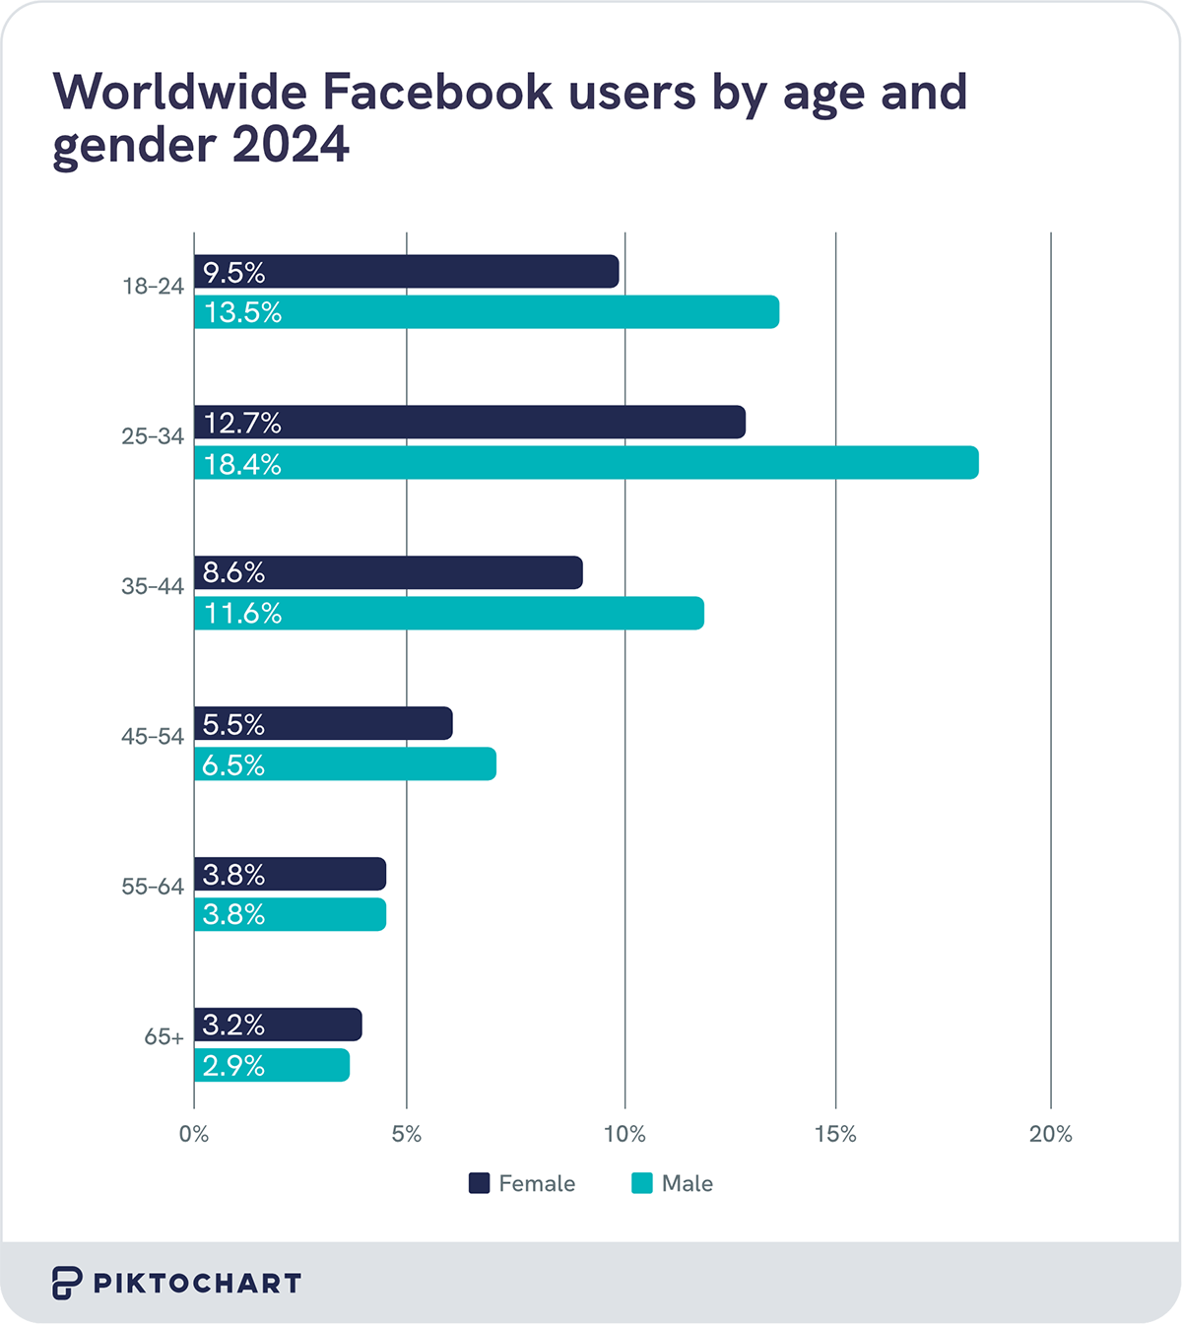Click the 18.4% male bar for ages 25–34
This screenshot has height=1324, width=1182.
(x=586, y=463)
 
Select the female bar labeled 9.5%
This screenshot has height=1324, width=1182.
(x=406, y=272)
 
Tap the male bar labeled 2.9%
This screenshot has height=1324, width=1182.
(x=272, y=1065)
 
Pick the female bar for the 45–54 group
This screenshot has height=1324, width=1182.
(x=323, y=723)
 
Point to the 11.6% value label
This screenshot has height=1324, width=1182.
(x=242, y=614)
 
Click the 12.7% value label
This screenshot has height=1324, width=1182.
(x=242, y=423)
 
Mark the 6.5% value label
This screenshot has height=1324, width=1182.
(x=233, y=764)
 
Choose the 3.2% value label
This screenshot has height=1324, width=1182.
(x=233, y=1025)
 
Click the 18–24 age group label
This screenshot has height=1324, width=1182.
(x=153, y=287)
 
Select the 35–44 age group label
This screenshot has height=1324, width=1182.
(x=153, y=586)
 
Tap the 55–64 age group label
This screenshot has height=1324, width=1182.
(x=153, y=887)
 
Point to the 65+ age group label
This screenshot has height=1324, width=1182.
(x=164, y=1037)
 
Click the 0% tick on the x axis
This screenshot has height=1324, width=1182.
(x=194, y=1134)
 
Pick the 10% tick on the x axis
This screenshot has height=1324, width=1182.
(x=624, y=1134)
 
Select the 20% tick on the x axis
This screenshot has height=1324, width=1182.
(x=1050, y=1134)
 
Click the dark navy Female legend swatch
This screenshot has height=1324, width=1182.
(x=479, y=1183)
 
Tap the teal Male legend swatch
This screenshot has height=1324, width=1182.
(x=642, y=1183)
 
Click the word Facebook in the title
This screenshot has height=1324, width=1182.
(x=437, y=92)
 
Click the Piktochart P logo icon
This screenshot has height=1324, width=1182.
(x=66, y=1283)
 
